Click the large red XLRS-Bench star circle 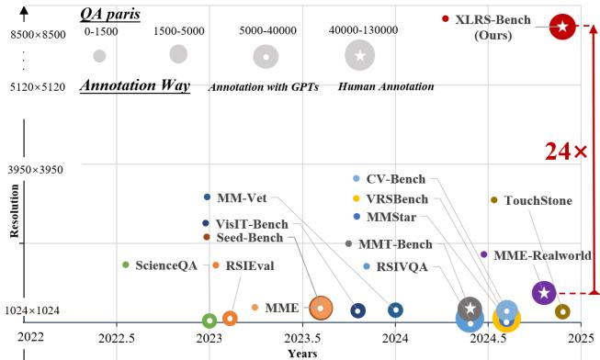pos(562,27)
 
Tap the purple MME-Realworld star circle pos(543,293)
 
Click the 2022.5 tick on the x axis pos(117,337)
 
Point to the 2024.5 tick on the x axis pos(488,337)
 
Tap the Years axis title pos(301,353)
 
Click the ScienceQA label pos(166,265)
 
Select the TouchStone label pos(538,200)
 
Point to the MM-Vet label pos(242,197)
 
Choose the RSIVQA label pos(402,267)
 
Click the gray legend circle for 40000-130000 pos(360,56)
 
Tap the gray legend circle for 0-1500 pos(99,56)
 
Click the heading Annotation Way pos(135,86)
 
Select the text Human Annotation pos(386,86)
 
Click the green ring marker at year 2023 pos(209,321)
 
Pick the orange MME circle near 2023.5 pos(321,308)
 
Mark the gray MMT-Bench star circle pos(470,308)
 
